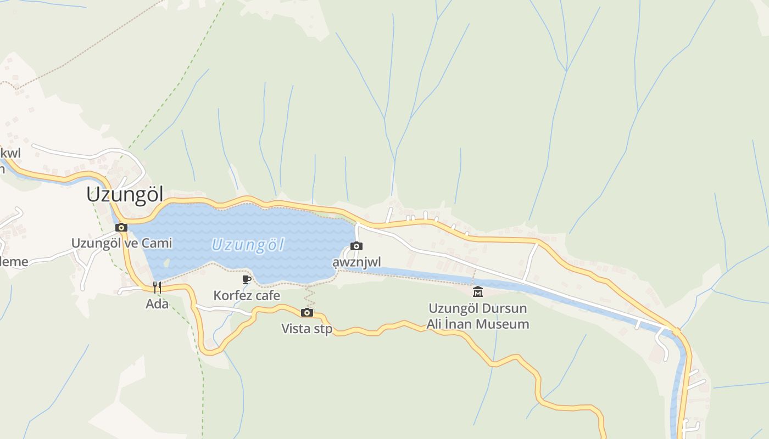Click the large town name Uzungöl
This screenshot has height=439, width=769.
click(125, 195)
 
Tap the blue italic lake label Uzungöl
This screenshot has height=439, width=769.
click(248, 245)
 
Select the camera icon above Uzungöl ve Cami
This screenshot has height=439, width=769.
click(121, 227)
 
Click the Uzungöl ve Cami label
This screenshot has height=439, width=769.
click(121, 243)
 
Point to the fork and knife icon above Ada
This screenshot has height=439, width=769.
click(157, 287)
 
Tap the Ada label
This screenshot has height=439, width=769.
click(157, 303)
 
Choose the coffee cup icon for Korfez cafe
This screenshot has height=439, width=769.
click(247, 279)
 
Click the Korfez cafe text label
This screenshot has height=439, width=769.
click(247, 296)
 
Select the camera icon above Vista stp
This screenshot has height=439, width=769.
click(307, 312)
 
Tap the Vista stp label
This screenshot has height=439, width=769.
click(307, 329)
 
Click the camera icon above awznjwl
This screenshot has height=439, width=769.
click(356, 246)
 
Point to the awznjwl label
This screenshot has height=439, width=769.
click(356, 262)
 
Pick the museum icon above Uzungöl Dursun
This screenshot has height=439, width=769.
click(478, 291)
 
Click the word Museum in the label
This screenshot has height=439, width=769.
click(500, 324)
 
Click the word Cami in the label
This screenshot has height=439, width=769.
click(157, 243)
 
